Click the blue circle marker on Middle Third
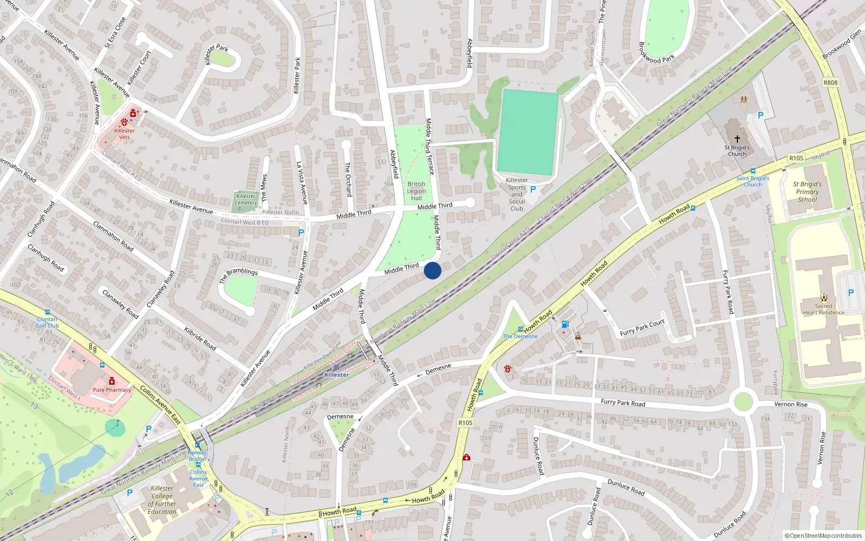432,270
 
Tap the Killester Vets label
124,134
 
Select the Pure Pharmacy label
112,390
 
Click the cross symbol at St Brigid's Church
737,139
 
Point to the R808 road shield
830,83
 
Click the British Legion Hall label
416,191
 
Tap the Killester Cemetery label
246,200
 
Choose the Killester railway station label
336,374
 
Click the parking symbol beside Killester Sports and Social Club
533,189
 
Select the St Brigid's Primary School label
808,192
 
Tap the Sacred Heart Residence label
823,309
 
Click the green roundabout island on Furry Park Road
743,402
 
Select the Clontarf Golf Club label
47,322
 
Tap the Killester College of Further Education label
162,500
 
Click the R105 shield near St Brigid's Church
796,158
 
